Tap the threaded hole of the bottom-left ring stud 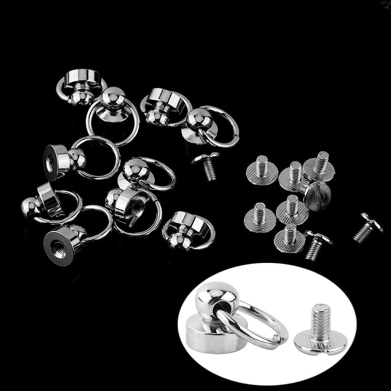57,247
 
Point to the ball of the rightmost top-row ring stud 199,119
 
